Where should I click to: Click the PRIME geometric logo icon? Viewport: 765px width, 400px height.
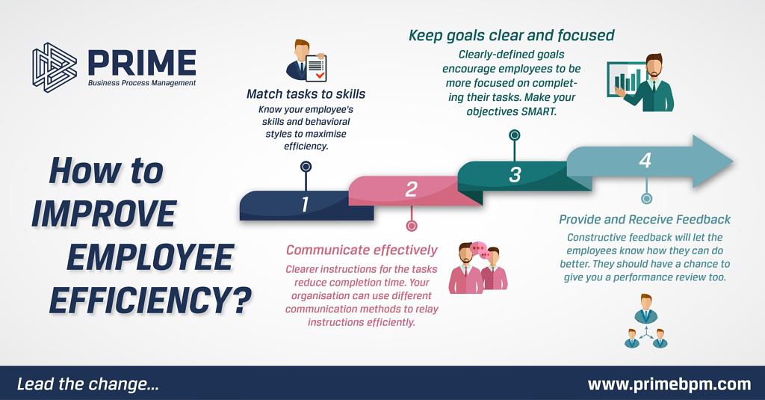(x=55, y=67)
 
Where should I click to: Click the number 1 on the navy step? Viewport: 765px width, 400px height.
(x=305, y=204)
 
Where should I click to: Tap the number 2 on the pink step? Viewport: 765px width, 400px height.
(x=412, y=189)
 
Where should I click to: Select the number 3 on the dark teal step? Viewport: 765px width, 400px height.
(x=515, y=175)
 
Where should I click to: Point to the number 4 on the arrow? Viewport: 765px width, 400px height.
(x=645, y=160)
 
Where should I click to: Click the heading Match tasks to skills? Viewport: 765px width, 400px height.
(x=306, y=93)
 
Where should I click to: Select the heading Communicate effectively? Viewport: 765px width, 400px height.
(x=362, y=250)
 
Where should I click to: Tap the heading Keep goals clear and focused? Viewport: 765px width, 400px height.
(x=511, y=36)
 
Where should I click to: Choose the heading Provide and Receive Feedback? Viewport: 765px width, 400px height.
(x=645, y=220)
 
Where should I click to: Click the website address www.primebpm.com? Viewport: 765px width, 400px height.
(x=669, y=384)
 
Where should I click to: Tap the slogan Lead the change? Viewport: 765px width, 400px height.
(x=88, y=384)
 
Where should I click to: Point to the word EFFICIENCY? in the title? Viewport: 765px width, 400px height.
(x=150, y=299)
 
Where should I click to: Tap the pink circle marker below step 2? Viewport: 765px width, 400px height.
(x=412, y=226)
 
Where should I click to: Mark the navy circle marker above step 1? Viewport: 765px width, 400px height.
(x=306, y=167)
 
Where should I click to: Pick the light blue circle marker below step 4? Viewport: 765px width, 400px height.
(x=646, y=199)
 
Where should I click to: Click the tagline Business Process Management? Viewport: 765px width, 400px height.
(x=142, y=83)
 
